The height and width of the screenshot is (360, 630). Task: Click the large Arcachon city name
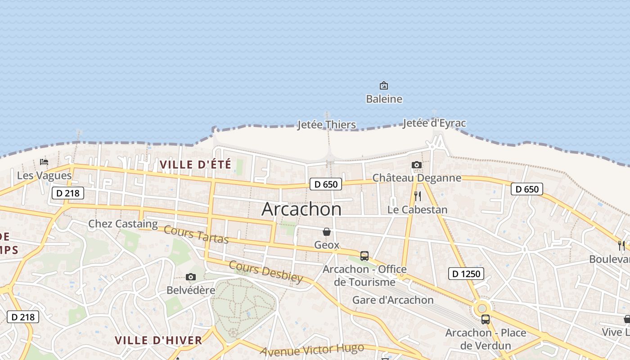click(301, 209)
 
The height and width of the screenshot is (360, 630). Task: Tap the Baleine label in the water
click(384, 99)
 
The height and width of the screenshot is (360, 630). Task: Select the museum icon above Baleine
click(384, 85)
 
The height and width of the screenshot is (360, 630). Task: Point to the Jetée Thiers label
click(327, 125)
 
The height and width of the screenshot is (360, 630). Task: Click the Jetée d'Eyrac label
click(434, 123)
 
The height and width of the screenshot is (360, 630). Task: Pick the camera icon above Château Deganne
click(417, 165)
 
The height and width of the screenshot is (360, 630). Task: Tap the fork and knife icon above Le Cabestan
click(418, 196)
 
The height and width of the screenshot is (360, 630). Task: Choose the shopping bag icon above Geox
click(327, 232)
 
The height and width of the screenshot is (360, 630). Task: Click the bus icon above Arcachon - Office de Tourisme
click(364, 256)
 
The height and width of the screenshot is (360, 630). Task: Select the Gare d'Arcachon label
click(393, 300)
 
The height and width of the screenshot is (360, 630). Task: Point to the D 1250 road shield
click(466, 273)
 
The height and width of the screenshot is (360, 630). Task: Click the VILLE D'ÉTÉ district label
click(195, 165)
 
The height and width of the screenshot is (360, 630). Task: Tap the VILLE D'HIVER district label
click(158, 340)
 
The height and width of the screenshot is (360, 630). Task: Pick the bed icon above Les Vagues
click(44, 162)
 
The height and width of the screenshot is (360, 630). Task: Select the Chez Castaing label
click(123, 224)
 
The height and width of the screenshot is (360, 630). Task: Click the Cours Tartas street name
click(196, 234)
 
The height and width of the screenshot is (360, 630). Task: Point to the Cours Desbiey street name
click(265, 271)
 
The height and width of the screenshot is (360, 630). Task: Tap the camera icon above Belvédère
click(191, 277)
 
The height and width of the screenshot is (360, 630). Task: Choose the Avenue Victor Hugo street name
click(312, 350)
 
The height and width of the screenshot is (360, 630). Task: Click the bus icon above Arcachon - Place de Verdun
click(486, 319)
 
